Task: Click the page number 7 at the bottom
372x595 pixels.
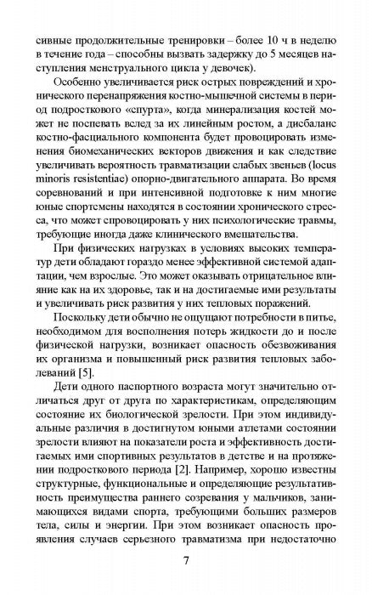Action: [185, 561]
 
